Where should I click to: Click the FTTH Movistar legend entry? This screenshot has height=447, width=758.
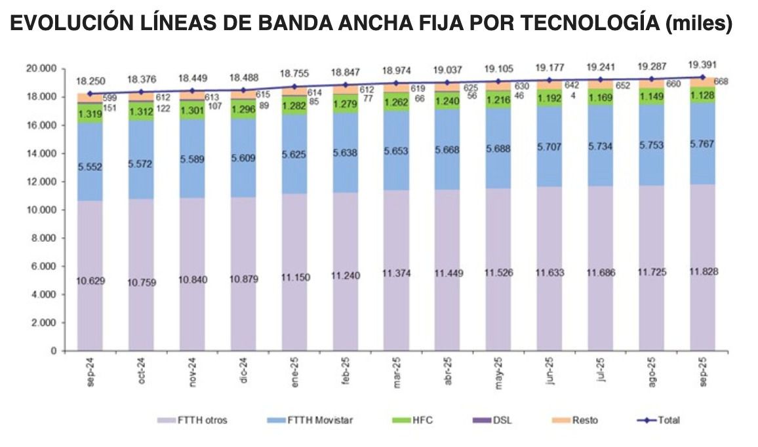[x=311, y=420]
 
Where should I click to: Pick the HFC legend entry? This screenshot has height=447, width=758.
[x=415, y=420]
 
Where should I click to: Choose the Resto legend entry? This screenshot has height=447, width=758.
[x=577, y=420]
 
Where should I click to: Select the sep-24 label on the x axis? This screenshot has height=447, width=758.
[x=90, y=372]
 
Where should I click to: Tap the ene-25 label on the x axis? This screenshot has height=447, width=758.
[x=295, y=372]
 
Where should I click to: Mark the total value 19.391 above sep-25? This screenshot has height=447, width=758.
[x=702, y=64]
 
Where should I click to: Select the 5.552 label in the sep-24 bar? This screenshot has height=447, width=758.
[x=90, y=166]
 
